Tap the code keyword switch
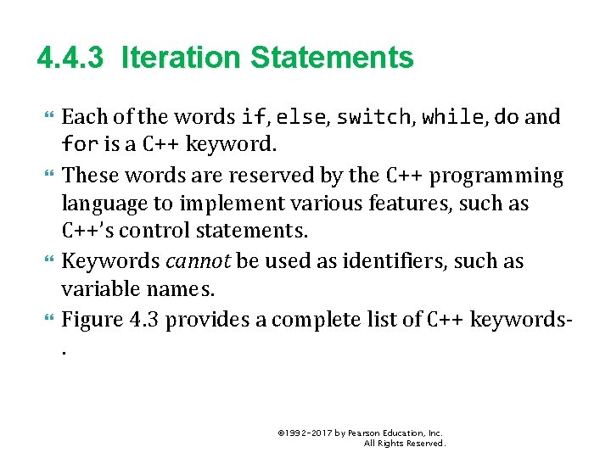point(373,117)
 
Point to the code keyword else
point(300,117)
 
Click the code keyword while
point(454,117)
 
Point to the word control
point(159,232)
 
